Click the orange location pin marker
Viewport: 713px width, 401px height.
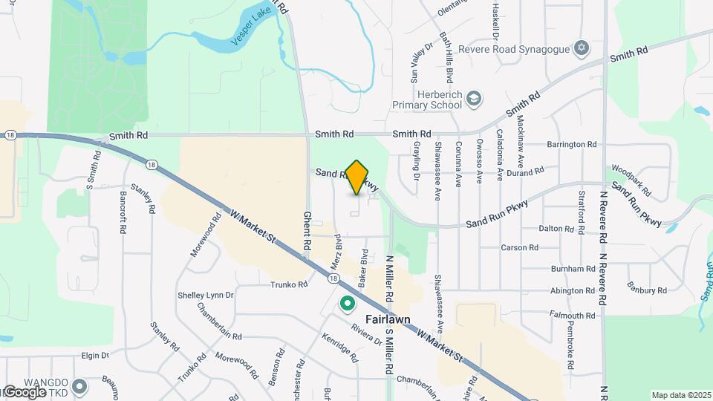coord(357,177)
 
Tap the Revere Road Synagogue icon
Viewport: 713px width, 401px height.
coord(582,48)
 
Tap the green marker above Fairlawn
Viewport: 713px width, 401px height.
coord(347,303)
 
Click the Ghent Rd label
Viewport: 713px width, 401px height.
coord(306,229)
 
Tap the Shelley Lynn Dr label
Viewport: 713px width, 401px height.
coord(206,295)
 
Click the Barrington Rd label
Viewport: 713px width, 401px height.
coord(571,144)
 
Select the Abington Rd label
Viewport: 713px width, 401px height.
coord(573,291)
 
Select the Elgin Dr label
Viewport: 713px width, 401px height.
coord(96,356)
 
